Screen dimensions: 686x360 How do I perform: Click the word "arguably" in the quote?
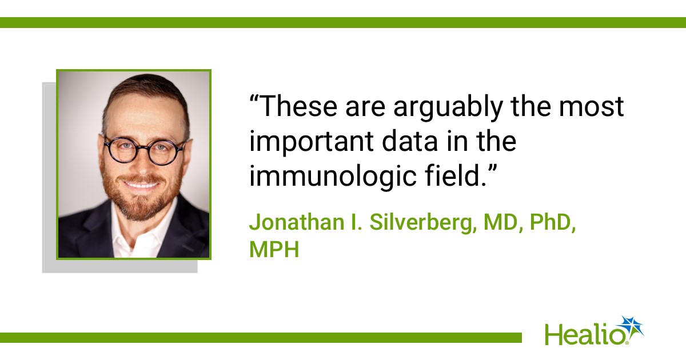click(x=448, y=107)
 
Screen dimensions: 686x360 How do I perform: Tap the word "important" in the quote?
click(x=312, y=142)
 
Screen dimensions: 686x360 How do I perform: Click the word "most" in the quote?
click(x=591, y=108)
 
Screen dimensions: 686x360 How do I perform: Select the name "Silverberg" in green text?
click(x=422, y=222)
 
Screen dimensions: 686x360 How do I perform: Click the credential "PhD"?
click(x=551, y=222)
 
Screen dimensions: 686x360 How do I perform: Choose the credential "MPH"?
click(x=274, y=250)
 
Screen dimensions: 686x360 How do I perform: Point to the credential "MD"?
click(x=500, y=222)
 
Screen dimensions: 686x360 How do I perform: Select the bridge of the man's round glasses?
click(x=144, y=146)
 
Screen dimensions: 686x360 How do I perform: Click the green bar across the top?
click(x=343, y=23)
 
